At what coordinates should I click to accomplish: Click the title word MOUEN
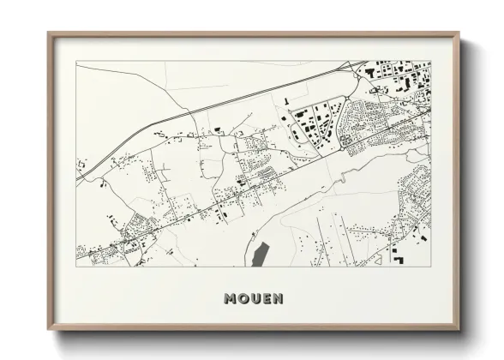point(253,298)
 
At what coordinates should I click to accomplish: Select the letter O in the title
point(243,298)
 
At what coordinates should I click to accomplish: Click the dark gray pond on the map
point(260,254)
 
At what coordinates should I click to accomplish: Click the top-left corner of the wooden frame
point(49,33)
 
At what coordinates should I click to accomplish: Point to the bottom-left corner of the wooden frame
point(49,327)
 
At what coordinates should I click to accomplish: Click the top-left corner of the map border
point(77,61)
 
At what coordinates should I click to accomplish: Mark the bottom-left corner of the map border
point(77,267)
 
